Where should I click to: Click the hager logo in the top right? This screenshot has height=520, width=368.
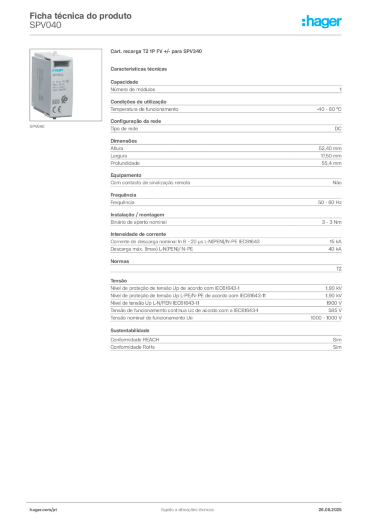(322, 21)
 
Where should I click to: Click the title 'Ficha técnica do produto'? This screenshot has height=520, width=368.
(81, 16)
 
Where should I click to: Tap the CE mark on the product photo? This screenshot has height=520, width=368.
(57, 110)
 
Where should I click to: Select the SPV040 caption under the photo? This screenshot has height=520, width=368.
(37, 126)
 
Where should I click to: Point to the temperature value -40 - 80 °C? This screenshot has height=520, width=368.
(329, 109)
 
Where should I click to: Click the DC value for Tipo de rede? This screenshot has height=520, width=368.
(338, 128)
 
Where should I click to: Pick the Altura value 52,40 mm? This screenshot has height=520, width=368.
(330, 148)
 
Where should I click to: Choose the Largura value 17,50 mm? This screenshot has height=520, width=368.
(331, 155)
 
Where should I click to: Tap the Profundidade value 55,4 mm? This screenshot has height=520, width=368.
(331, 163)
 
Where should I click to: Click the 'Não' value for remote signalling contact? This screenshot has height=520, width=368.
(337, 182)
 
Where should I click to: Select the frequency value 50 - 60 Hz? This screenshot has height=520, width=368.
(329, 202)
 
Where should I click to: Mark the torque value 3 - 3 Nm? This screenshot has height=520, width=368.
(331, 222)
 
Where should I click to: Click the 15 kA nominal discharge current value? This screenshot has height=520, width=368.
(335, 241)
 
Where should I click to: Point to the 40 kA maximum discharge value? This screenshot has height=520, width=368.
(335, 249)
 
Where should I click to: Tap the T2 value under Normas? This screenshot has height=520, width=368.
(339, 269)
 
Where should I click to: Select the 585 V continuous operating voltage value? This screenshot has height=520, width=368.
(335, 310)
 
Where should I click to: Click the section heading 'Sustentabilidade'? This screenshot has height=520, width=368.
(130, 330)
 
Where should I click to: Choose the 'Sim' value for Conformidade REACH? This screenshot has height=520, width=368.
(337, 340)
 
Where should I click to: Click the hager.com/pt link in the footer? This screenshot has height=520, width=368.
(43, 510)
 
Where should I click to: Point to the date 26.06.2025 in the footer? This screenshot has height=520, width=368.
(330, 510)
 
